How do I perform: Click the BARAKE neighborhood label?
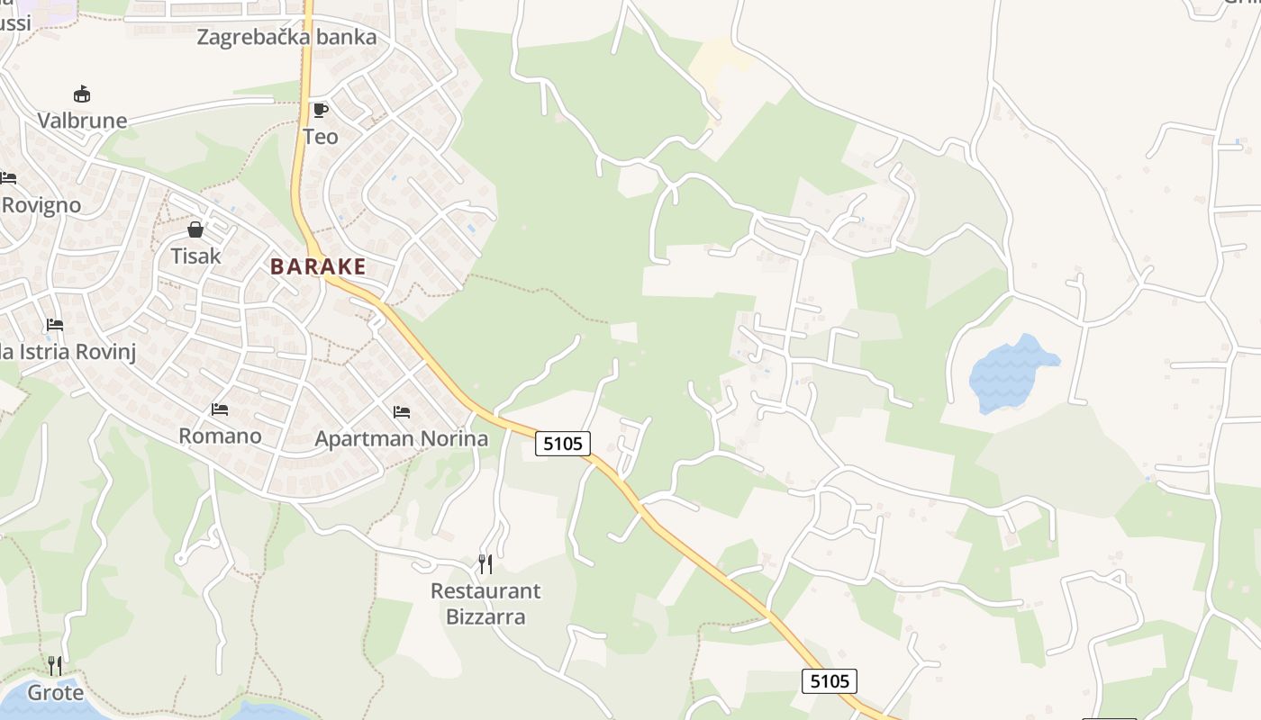tap(318, 266)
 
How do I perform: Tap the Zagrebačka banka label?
tap(286, 38)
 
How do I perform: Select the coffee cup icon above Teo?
tap(320, 111)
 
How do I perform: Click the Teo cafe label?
tap(321, 137)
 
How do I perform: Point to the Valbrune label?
tap(82, 121)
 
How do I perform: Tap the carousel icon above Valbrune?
tap(82, 94)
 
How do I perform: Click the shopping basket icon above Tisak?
tap(195, 229)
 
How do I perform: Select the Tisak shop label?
tap(195, 256)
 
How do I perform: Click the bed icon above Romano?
tap(220, 409)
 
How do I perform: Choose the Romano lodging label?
tap(220, 436)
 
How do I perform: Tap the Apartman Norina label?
tap(401, 439)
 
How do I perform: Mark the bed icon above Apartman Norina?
tap(402, 412)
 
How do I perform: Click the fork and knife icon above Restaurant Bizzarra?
tap(485, 564)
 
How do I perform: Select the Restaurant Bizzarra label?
tap(485, 604)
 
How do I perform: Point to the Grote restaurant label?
tap(56, 693)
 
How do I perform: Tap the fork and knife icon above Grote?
tap(56, 666)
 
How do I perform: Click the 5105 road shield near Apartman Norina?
tap(563, 443)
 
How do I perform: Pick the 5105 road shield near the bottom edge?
tap(829, 681)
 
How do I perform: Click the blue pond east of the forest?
tap(1009, 373)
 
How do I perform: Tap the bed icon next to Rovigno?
tap(8, 177)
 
